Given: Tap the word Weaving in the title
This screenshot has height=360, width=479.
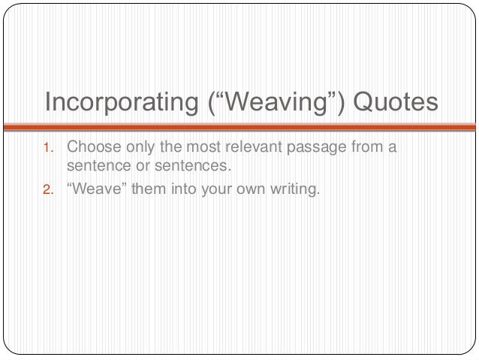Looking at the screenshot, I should tap(279, 101).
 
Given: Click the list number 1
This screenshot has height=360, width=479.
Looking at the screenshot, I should tap(47, 147).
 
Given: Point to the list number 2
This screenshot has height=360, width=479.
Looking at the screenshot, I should tap(47, 189).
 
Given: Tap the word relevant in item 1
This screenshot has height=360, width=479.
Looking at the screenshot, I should tap(249, 146).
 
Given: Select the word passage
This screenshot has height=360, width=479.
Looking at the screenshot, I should tap(312, 147).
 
